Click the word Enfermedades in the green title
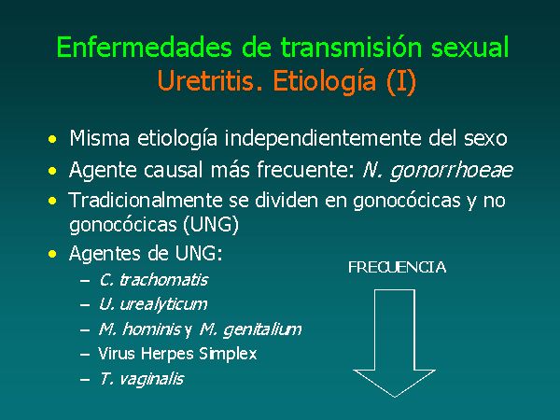coord(145,47)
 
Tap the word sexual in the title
coord(469,47)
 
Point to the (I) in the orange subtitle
coord(401,81)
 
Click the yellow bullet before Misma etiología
coord(52,139)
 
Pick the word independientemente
coord(323,138)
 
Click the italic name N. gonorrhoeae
coord(438,170)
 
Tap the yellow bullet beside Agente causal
coord(52,171)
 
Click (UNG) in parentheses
coord(211,225)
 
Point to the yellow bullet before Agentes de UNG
coord(52,254)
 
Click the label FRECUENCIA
coord(398,267)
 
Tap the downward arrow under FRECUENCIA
coord(394,343)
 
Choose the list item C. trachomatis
coord(154,280)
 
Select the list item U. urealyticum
coord(153,304)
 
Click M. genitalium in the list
coord(250,329)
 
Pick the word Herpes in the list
coord(167,354)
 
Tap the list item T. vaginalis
coord(142,379)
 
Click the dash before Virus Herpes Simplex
coord(85,355)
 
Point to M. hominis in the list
coord(140,329)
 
